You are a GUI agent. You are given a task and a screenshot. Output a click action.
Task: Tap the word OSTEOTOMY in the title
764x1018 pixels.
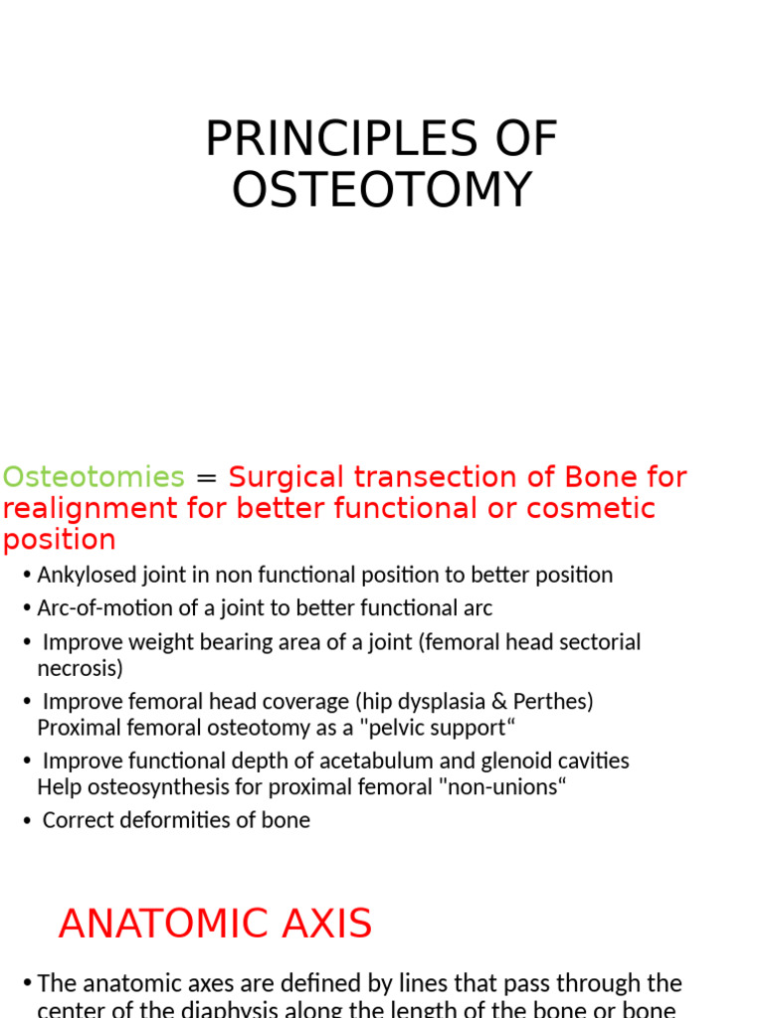click(382, 190)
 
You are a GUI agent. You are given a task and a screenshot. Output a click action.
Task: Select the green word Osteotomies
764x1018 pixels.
click(94, 477)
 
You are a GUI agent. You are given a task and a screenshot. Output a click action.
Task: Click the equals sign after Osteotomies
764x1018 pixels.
click(207, 478)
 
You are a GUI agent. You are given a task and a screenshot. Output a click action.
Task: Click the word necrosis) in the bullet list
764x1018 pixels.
click(80, 669)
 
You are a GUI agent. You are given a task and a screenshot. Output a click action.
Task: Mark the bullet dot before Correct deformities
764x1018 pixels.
click(27, 821)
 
